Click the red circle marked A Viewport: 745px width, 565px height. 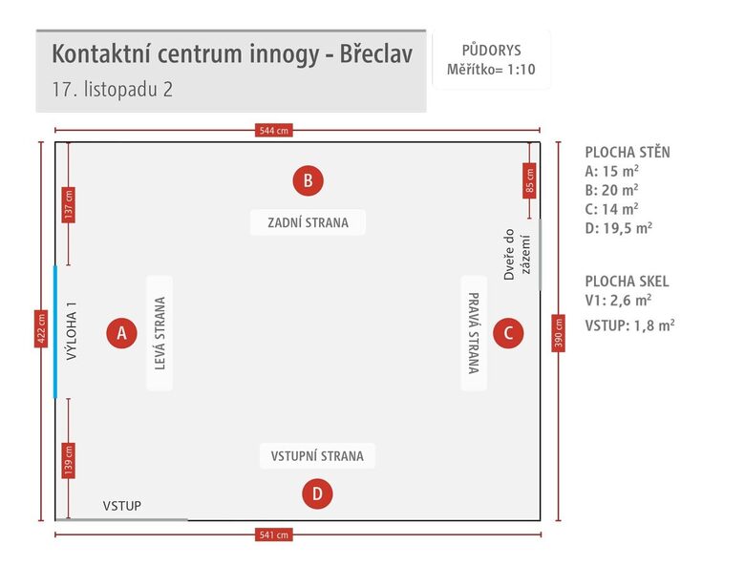click(121, 333)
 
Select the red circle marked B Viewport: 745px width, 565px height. click(308, 179)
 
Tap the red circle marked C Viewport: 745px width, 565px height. click(508, 333)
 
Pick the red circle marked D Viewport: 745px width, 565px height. click(317, 493)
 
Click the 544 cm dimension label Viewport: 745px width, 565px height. click(274, 131)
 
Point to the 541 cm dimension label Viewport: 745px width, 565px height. click(274, 534)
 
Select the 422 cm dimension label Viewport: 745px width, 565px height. click(41, 329)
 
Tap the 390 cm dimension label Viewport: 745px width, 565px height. click(558, 333)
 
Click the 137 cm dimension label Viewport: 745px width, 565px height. click(68, 204)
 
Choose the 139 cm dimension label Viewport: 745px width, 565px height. click(68, 460)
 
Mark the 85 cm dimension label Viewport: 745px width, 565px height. click(529, 178)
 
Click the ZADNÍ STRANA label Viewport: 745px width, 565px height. click(308, 223)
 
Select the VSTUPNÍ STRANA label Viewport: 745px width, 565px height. click(317, 456)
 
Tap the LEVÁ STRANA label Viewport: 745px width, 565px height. click(160, 333)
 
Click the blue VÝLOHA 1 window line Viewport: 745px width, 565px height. click(55, 330)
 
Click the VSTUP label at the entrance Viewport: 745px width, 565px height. click(121, 506)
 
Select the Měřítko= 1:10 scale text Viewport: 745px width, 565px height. click(491, 69)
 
